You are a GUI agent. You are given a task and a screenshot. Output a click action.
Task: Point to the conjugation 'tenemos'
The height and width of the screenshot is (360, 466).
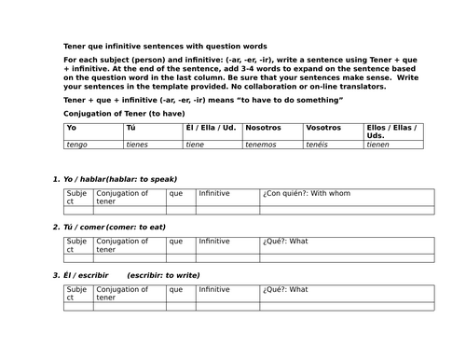[262, 145]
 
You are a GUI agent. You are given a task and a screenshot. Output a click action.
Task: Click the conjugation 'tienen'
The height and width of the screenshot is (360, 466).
[378, 145]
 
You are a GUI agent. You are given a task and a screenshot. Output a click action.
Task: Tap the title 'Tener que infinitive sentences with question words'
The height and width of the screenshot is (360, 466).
[164, 46]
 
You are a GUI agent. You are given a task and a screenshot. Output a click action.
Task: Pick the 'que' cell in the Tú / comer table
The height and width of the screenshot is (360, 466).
[176, 242]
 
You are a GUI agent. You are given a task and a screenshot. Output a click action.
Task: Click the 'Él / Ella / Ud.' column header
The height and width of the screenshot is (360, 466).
[207, 127]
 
